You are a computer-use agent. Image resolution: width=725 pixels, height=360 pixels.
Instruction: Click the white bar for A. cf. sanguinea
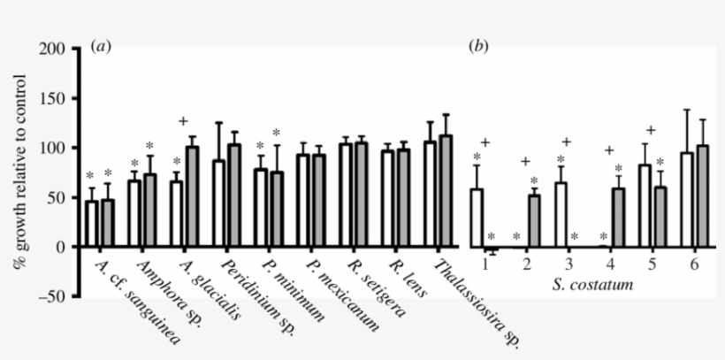pos(91,224)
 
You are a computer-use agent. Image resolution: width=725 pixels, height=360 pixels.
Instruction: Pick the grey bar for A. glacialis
pos(192,196)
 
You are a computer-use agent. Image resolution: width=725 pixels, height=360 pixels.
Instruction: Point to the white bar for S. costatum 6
pos(687,200)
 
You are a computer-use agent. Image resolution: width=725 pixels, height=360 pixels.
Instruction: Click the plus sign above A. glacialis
pos(183,121)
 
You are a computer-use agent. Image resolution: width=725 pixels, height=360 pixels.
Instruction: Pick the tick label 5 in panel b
pos(652,264)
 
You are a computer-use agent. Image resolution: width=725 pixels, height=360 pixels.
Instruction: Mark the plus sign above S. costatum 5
pos(650,130)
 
